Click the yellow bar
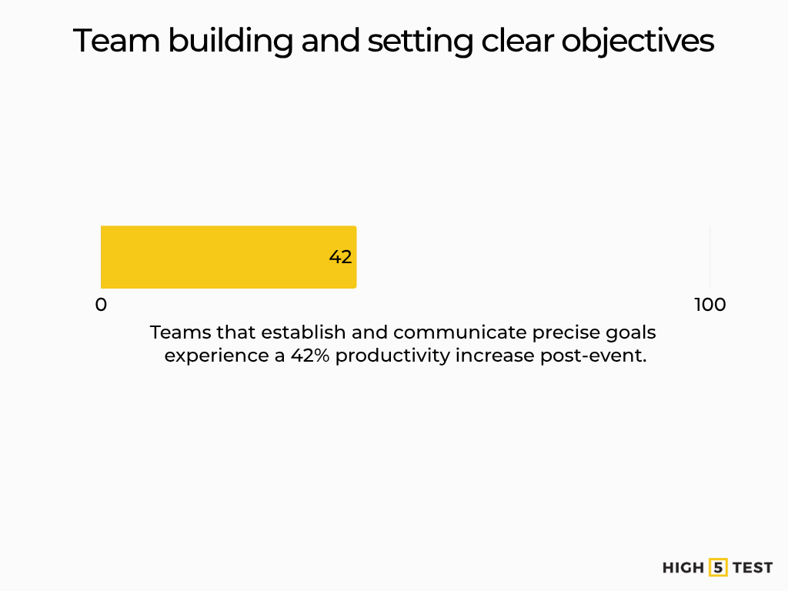click(x=228, y=257)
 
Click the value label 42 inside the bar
click(x=340, y=257)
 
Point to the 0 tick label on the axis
click(x=101, y=305)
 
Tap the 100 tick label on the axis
click(x=710, y=305)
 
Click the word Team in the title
click(x=115, y=41)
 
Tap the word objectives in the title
click(x=637, y=41)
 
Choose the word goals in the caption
click(x=635, y=332)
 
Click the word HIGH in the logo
click(x=683, y=568)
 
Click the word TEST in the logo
click(x=753, y=568)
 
